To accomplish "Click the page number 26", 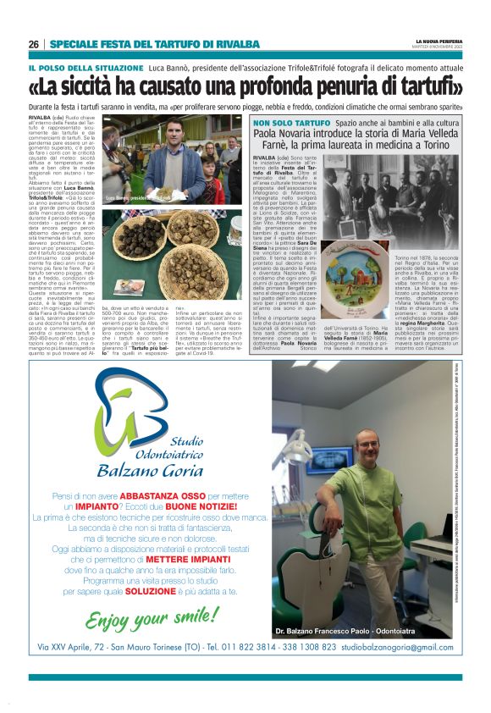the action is [x=34, y=44].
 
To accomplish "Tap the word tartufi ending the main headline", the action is [x=427, y=87].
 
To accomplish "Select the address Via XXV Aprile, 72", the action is [x=86, y=647].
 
